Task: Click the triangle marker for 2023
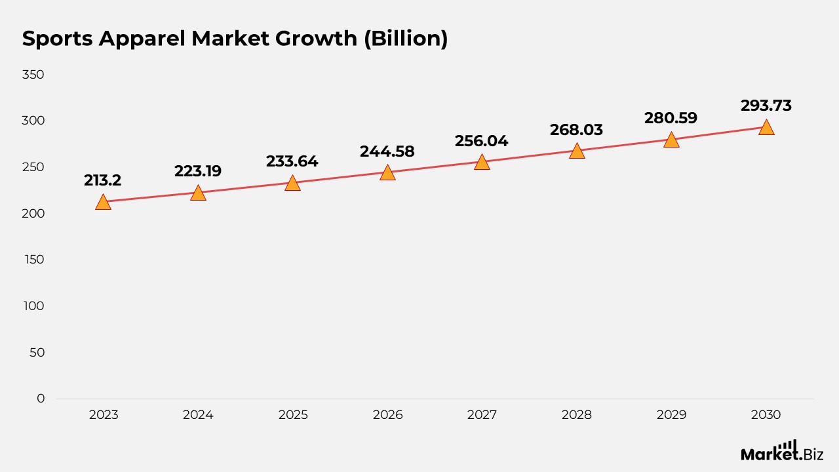tap(104, 203)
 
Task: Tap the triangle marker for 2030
tap(767, 127)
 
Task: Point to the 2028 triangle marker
tap(577, 151)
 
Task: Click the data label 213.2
tap(103, 180)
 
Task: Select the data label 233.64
tap(292, 161)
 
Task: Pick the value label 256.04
tap(482, 141)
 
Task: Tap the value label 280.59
tap(671, 118)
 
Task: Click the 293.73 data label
tap(766, 106)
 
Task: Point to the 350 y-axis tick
tap(33, 75)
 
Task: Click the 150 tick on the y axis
tap(35, 260)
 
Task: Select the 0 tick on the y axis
tap(41, 399)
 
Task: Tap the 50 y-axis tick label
tap(37, 353)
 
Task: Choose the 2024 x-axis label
tap(198, 415)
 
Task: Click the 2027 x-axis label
tap(482, 415)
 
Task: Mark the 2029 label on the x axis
tap(672, 415)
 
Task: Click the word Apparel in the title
tap(142, 39)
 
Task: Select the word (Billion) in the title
tap(406, 39)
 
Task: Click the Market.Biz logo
tap(782, 451)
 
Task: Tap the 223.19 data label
tap(198, 171)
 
